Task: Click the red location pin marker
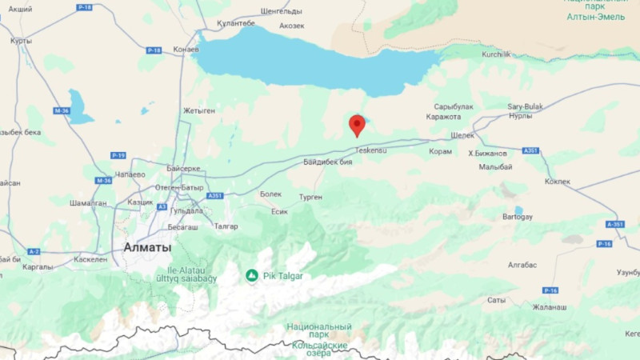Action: pyautogui.click(x=357, y=125)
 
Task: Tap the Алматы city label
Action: pyautogui.click(x=147, y=247)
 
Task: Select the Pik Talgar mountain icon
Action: pyautogui.click(x=252, y=276)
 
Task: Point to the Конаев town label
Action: pyautogui.click(x=186, y=50)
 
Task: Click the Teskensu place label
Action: pyautogui.click(x=370, y=150)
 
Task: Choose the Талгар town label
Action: pyautogui.click(x=226, y=226)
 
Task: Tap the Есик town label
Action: pyautogui.click(x=279, y=211)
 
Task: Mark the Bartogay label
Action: pyautogui.click(x=517, y=217)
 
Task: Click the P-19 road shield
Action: pyautogui.click(x=118, y=155)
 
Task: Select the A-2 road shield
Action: pyautogui.click(x=34, y=251)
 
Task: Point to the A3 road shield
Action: pyautogui.click(x=162, y=206)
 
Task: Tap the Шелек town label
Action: pyautogui.click(x=462, y=135)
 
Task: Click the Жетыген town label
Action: pyautogui.click(x=199, y=110)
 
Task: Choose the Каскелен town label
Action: pyautogui.click(x=90, y=259)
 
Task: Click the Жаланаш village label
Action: pyautogui.click(x=550, y=307)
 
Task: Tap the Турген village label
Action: pyautogui.click(x=310, y=197)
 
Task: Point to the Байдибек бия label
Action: pyautogui.click(x=328, y=162)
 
